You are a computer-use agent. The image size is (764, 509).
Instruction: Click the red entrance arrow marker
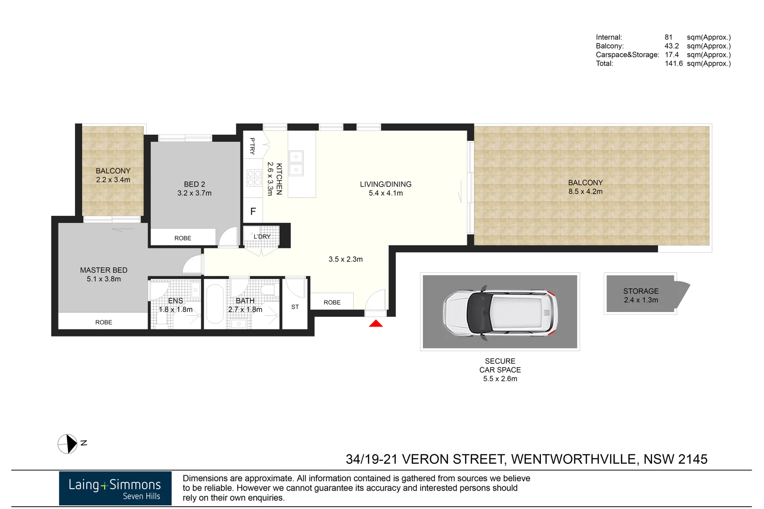[376, 323]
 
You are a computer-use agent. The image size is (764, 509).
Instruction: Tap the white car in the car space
[500, 312]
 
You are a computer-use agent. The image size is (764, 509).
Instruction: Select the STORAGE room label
[640, 291]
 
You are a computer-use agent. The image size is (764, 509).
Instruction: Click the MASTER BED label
[104, 270]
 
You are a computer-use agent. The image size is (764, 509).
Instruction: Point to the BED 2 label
[194, 184]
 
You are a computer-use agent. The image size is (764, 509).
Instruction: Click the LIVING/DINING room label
[385, 184]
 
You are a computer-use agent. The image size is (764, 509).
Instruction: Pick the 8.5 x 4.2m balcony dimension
[585, 191]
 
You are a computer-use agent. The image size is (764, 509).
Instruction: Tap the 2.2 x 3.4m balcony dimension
[113, 180]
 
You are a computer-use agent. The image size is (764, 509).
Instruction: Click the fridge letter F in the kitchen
[253, 212]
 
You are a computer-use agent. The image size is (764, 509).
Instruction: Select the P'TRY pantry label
[252, 146]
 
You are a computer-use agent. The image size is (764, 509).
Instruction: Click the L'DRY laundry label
[262, 237]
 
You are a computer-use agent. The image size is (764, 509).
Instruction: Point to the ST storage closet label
[295, 307]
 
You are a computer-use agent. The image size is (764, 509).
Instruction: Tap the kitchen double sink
[296, 163]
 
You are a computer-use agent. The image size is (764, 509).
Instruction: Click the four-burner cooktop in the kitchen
[254, 178]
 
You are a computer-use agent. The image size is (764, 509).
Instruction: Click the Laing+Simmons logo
[115, 488]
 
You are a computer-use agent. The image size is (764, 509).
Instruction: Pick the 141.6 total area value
[673, 64]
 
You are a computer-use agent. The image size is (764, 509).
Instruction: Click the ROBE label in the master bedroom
[104, 322]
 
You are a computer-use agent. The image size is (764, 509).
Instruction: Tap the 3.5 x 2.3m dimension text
[346, 259]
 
